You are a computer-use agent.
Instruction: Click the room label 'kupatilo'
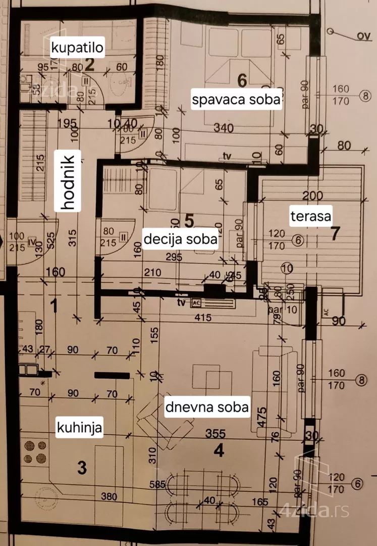[x=77, y=48]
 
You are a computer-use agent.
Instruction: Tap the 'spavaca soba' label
[x=236, y=100]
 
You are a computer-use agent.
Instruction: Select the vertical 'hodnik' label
[x=67, y=183]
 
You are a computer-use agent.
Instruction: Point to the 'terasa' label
[x=310, y=216]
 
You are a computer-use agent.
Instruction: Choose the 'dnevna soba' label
[x=207, y=407]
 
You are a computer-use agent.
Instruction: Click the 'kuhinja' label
[x=79, y=428]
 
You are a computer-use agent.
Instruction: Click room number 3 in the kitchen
[x=82, y=468]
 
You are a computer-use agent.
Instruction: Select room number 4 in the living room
[x=218, y=450]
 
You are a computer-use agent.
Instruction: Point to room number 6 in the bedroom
[x=241, y=79]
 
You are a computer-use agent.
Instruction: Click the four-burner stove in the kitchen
[x=35, y=452]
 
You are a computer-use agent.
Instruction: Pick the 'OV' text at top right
[x=361, y=35]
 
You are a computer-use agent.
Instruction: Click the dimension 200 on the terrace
[x=312, y=196]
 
